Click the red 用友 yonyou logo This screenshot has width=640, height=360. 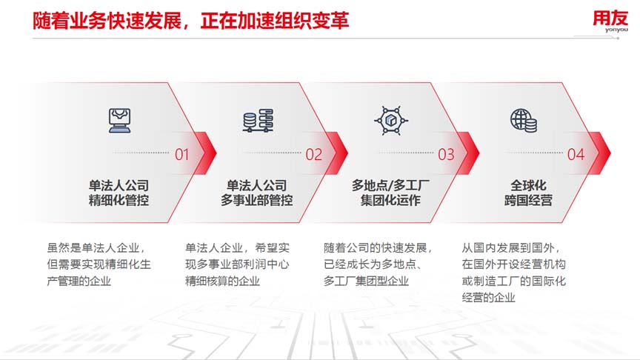610,21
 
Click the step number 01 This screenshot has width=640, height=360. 182,155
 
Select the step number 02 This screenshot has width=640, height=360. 314,155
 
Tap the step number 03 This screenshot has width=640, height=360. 446,155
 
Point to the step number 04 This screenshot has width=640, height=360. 576,155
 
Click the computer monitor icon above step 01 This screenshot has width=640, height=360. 119,121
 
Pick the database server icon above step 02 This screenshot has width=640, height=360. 258,121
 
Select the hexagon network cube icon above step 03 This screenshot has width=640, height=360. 391,121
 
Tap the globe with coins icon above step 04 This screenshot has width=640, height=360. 524,121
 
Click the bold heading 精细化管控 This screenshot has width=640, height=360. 119,201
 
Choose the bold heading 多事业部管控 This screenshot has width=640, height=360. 257,201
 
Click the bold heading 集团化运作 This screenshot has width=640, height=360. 390,201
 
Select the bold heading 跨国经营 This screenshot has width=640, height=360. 528,201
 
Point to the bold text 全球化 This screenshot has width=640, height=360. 528,186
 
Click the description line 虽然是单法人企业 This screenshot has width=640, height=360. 96,247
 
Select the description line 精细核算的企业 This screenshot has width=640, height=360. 222,281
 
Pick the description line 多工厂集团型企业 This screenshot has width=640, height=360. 366,281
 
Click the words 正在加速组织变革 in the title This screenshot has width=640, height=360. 275,21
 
